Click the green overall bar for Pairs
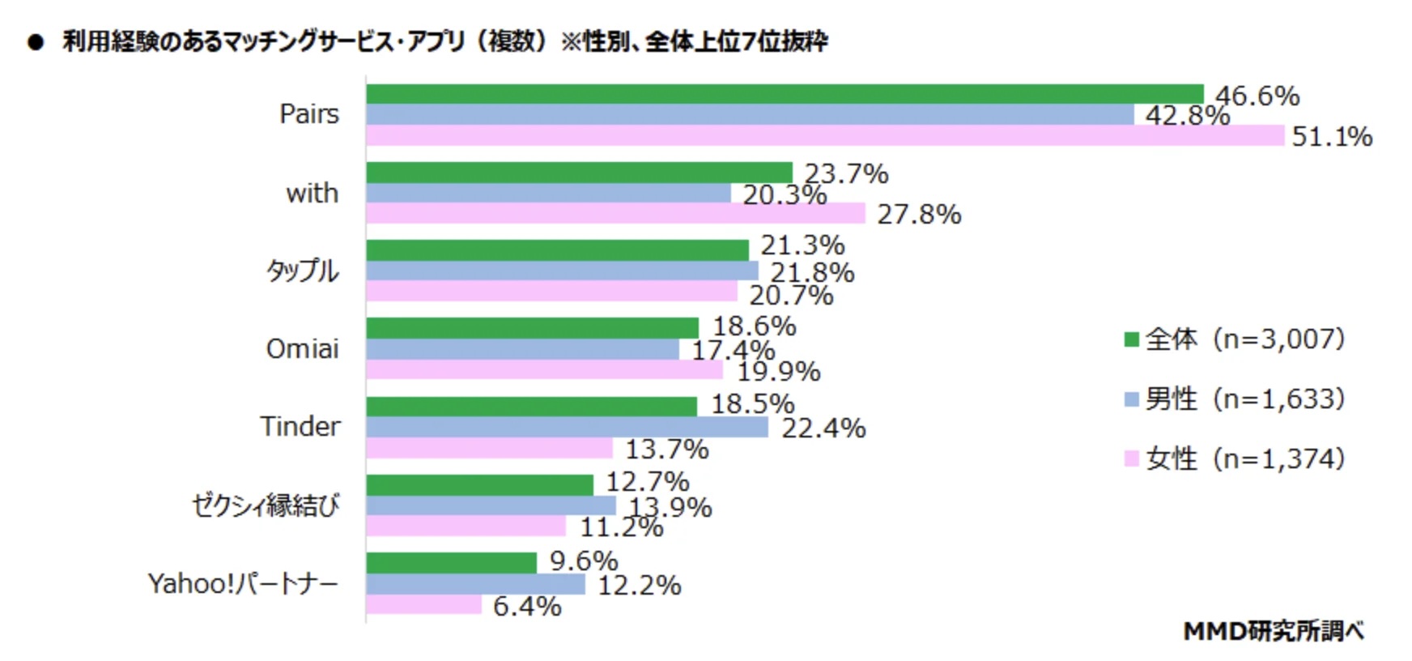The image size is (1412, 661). click(784, 94)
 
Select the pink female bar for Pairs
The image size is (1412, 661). click(824, 135)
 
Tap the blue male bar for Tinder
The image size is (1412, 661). click(567, 427)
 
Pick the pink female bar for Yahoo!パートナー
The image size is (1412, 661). click(423, 604)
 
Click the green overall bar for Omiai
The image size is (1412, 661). click(532, 328)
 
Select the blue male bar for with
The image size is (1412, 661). click(548, 193)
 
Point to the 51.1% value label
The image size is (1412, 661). click(1332, 136)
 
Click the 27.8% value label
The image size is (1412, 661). click(919, 214)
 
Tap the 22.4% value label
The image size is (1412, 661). click(823, 428)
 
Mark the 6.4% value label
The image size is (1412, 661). click(527, 606)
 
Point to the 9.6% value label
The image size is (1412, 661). click(584, 561)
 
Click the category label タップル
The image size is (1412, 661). click(303, 271)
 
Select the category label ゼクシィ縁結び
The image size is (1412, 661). click(266, 505)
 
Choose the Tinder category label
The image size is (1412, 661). click(300, 426)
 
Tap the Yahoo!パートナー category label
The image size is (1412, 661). click(243, 583)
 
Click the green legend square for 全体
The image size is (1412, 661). click(1131, 339)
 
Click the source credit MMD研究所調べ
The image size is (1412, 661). click(1274, 630)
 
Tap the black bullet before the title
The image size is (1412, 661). click(35, 42)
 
